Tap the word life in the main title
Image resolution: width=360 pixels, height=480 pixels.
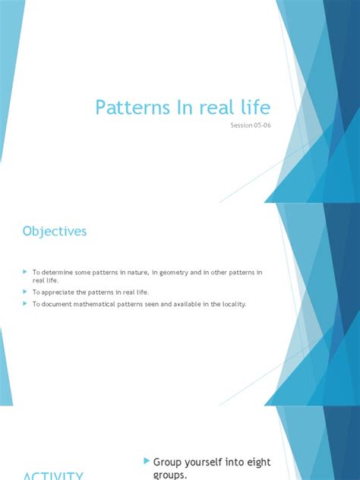250,107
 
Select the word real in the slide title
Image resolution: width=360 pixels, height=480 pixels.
212,107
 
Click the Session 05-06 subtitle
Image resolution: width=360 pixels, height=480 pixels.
251,126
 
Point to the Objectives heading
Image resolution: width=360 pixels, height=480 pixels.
54,231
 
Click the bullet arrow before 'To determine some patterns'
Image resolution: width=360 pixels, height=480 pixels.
26,272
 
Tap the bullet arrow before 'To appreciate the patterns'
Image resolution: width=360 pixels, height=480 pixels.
26,292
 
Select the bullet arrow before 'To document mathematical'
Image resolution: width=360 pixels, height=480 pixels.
26,305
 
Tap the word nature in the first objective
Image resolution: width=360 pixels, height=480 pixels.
129,272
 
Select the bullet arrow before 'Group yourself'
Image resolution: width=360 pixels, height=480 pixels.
147,461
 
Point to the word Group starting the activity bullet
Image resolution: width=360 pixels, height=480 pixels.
169,462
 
